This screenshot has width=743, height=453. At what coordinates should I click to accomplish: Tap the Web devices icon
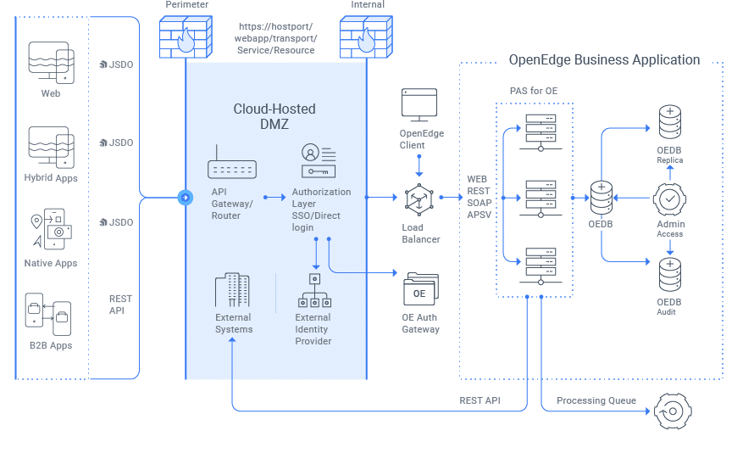coord(51,61)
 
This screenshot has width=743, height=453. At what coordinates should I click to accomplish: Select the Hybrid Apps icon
coord(51,148)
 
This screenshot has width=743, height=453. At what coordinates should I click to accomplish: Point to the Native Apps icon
coord(51,230)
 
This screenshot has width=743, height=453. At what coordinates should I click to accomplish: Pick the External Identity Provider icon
coord(313,292)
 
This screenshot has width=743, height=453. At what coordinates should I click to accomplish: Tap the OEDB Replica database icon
coord(670,121)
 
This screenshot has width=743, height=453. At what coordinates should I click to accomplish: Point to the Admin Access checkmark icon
coord(670,198)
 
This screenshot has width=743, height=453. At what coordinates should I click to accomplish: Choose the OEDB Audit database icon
coord(670,275)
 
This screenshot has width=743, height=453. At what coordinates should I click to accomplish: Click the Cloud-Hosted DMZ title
coord(274,116)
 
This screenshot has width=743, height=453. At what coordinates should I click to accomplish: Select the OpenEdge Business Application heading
coord(604,60)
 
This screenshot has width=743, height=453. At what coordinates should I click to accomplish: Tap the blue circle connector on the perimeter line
coord(184,198)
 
